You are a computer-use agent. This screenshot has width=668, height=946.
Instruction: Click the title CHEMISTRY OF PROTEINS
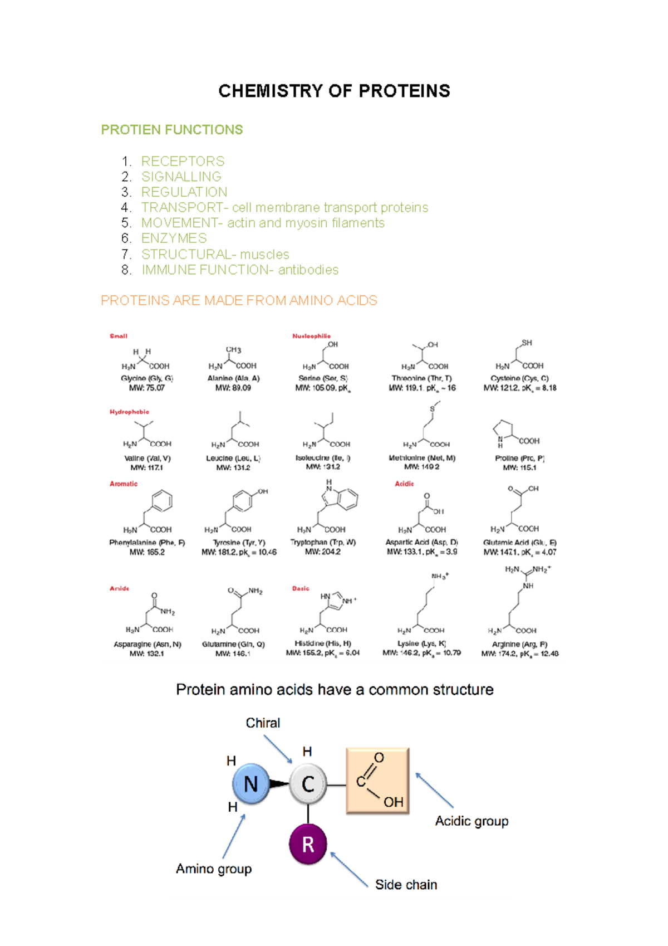334,91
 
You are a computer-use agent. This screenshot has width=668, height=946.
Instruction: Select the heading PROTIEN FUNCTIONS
171,130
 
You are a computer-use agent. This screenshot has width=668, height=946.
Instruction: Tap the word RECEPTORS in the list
183,162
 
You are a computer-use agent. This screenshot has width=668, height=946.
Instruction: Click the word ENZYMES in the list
174,238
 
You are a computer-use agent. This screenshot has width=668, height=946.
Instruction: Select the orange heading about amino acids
239,301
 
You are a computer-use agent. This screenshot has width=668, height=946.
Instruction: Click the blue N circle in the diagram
251,784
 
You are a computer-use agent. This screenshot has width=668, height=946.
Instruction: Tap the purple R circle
308,844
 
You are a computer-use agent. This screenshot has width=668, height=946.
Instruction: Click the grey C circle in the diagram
308,784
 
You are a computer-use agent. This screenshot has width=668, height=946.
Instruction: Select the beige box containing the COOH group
377,781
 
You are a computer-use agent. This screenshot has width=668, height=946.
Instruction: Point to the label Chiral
263,723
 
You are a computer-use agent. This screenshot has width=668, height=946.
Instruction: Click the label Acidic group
471,821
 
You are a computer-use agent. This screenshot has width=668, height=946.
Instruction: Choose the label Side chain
406,885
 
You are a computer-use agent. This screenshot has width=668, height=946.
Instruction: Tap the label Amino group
214,869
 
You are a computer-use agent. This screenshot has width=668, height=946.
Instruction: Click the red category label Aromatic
124,484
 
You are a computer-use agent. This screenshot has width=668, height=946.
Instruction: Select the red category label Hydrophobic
129,412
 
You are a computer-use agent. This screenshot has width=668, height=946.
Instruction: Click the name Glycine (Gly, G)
147,378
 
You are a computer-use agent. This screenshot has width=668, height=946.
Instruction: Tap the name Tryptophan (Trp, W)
323,542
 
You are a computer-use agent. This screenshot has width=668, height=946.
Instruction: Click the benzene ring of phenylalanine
161,501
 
